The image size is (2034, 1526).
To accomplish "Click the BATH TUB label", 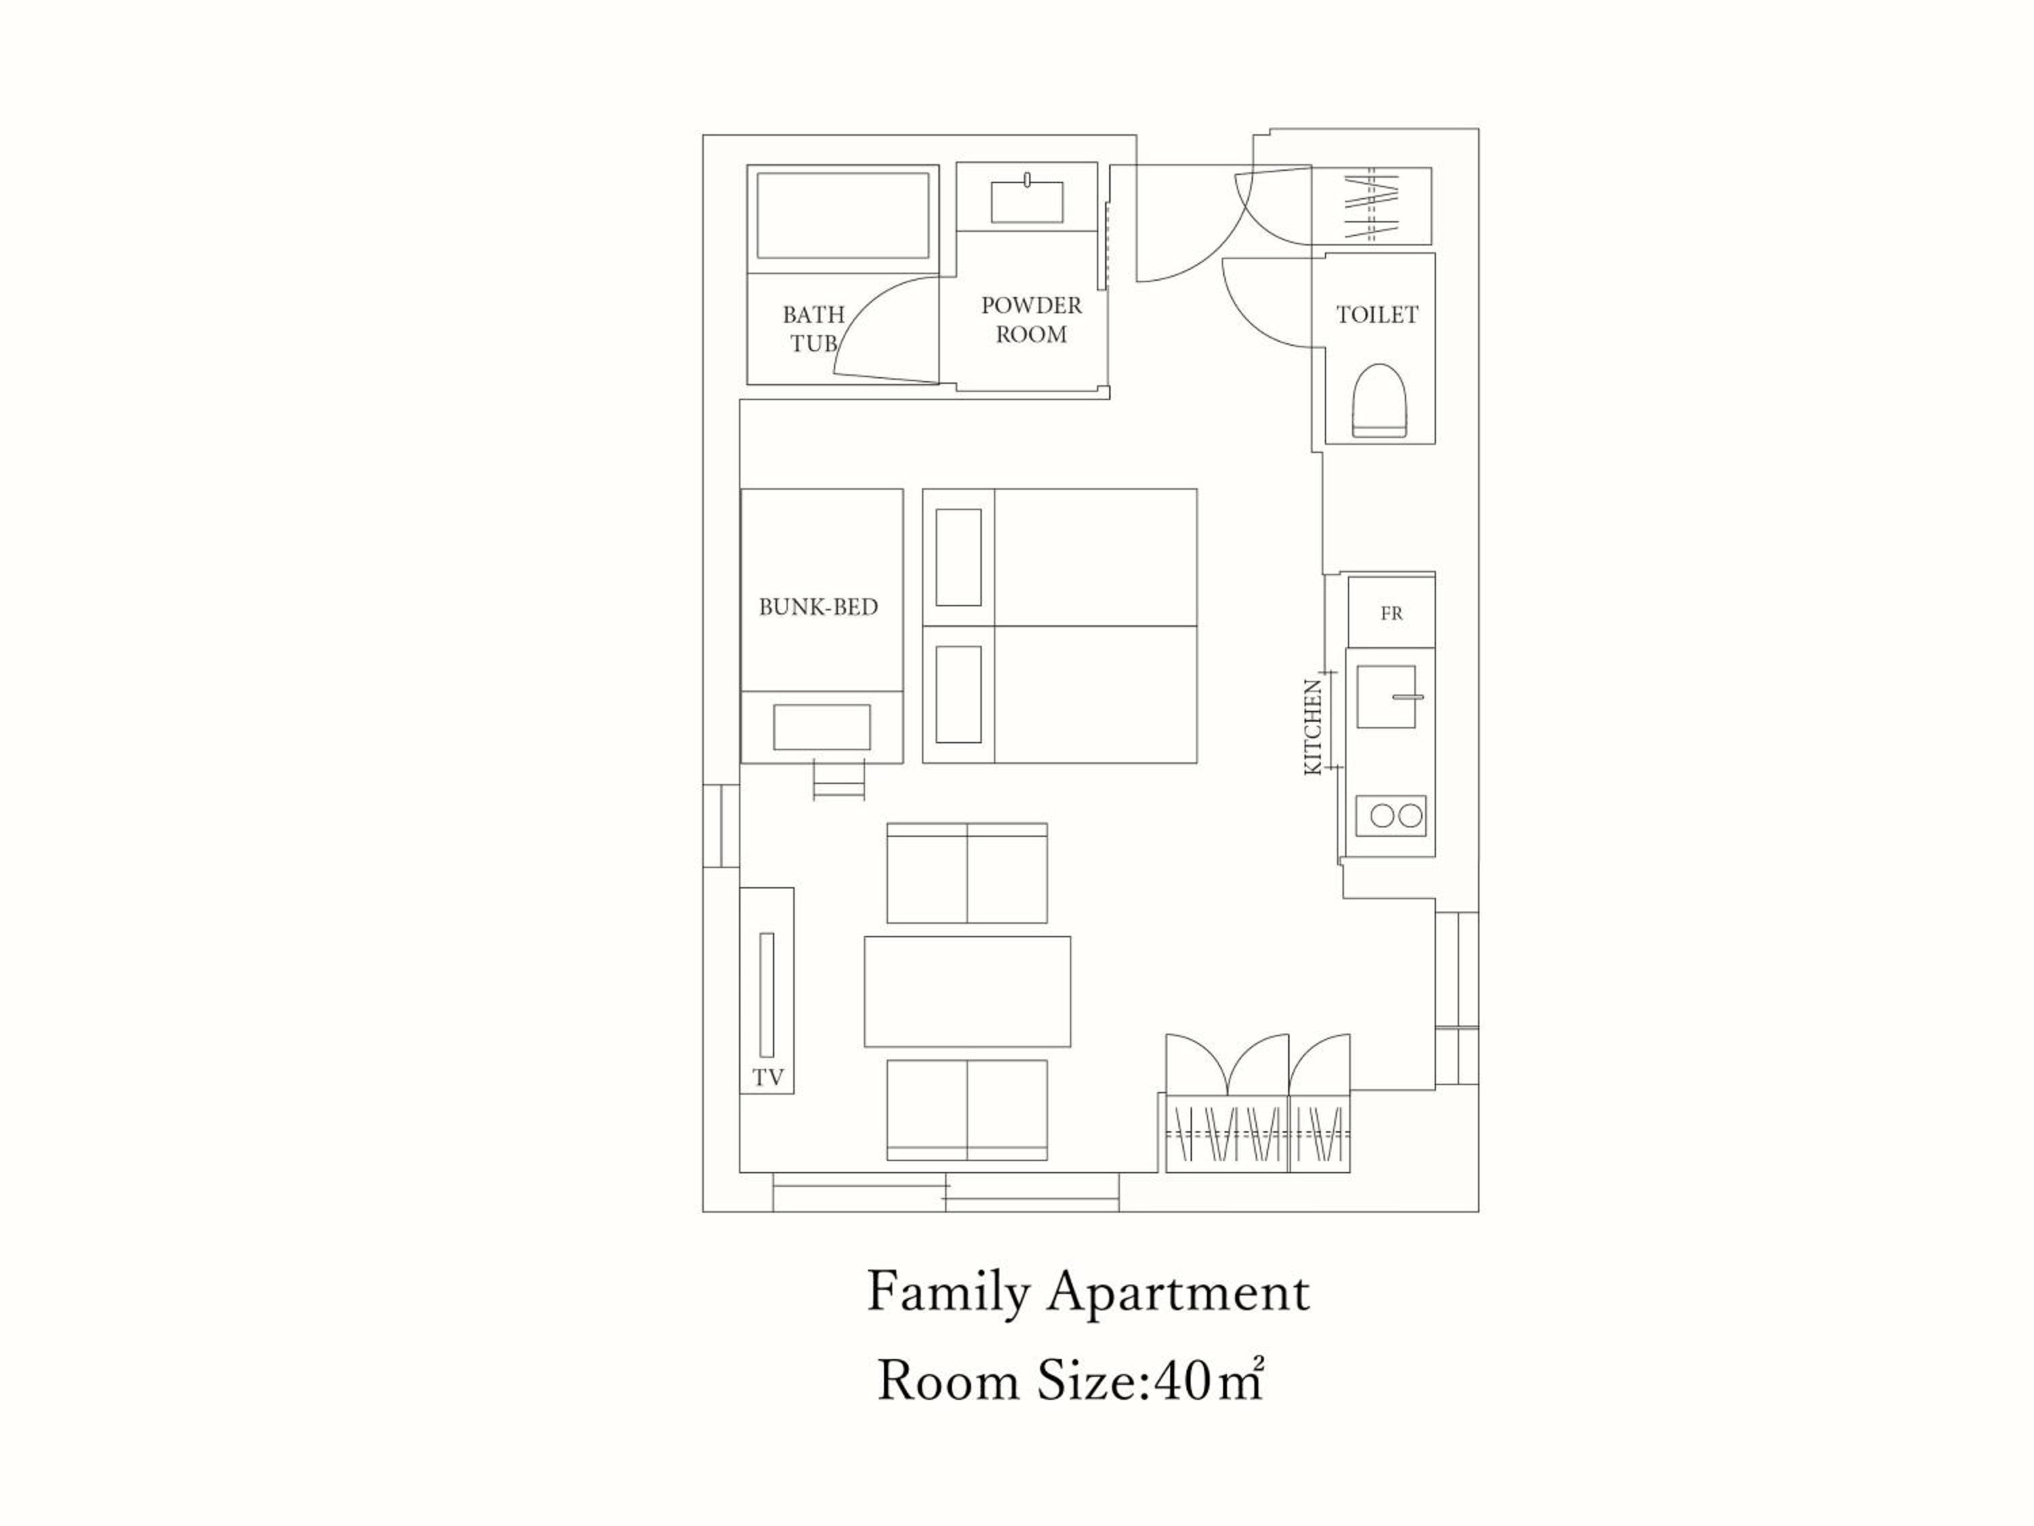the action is (813, 328).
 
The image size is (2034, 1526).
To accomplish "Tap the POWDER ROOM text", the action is (1031, 319).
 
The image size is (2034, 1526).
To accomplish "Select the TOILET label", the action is (1376, 315).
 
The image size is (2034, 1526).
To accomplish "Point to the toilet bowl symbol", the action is (1379, 400).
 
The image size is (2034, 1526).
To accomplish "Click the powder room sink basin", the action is (1026, 201).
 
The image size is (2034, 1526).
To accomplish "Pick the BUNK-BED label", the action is (818, 607).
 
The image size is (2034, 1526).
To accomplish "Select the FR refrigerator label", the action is (1391, 614).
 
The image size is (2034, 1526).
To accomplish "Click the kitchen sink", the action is (1386, 697).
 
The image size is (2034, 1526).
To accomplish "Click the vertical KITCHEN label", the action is (1314, 726).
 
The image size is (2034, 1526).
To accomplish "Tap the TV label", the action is (769, 1078).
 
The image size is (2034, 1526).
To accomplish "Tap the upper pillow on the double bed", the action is (958, 557).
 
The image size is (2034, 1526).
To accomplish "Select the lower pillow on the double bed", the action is (958, 694).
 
